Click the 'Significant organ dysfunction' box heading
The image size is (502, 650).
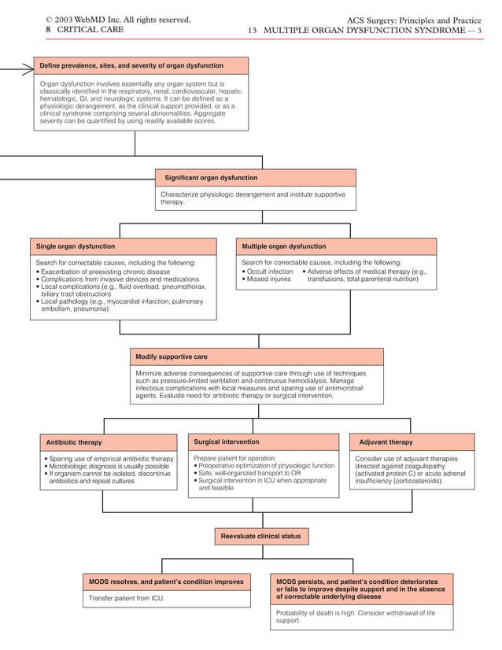tap(205, 178)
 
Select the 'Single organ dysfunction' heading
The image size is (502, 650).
tap(76, 246)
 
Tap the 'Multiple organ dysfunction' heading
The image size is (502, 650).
tap(284, 246)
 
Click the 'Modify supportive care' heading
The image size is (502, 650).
tap(172, 356)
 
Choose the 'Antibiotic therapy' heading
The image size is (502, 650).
tap(74, 442)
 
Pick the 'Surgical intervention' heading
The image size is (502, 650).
tap(227, 441)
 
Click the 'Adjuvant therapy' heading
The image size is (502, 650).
tap(386, 442)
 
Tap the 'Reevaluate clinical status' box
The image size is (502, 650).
tap(260, 536)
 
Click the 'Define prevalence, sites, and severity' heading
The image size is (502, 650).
tap(132, 65)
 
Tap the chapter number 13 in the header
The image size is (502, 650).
tap(253, 30)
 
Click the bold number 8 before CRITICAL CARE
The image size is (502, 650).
tap(49, 30)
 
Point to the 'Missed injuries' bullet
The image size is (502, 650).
tap(268, 279)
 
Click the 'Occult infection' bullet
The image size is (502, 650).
tap(269, 271)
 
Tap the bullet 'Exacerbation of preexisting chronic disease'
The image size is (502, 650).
tap(105, 271)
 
